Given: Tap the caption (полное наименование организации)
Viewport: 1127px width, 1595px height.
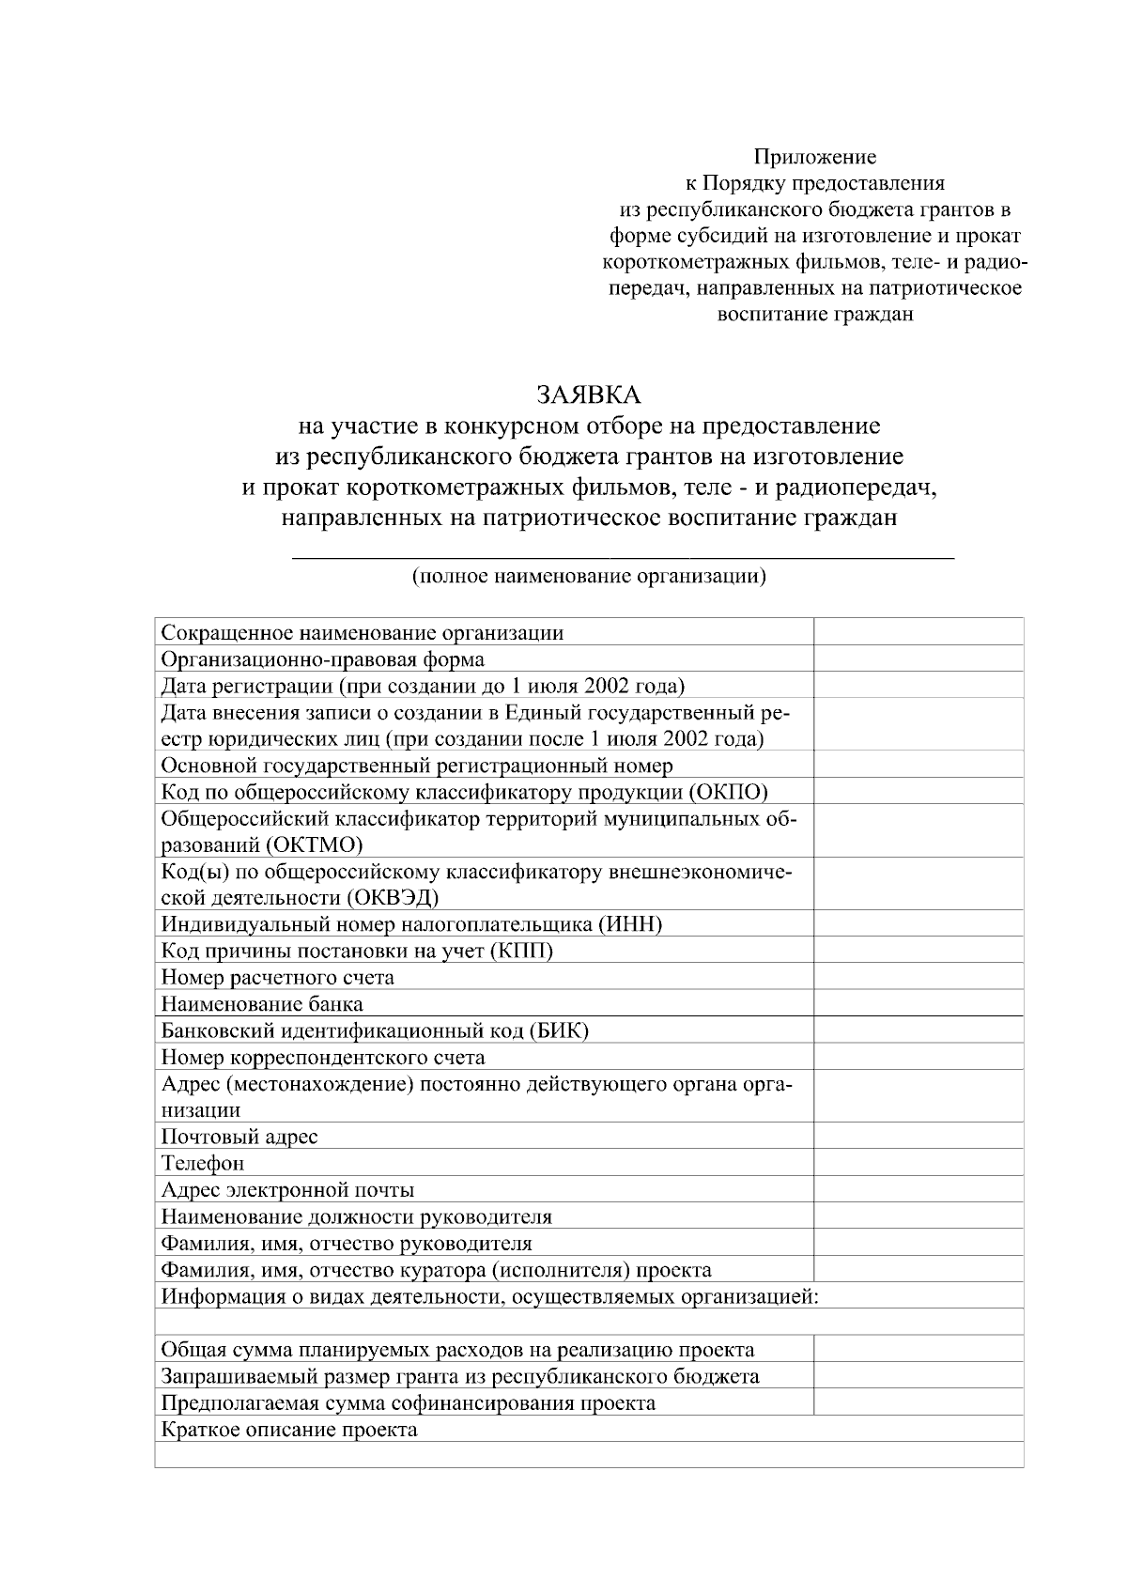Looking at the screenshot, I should click(x=589, y=576).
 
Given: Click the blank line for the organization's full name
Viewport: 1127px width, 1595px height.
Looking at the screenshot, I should click(x=623, y=553).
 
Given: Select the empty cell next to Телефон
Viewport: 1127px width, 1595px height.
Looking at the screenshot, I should click(x=918, y=1163).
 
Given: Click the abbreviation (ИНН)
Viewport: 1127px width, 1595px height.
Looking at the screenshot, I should click(x=629, y=924).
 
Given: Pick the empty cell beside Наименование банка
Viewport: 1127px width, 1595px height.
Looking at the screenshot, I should click(x=918, y=1003).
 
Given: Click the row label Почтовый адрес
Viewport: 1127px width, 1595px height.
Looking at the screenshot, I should click(x=239, y=1137).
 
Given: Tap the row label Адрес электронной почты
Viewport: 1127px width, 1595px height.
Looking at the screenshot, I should click(x=287, y=1190).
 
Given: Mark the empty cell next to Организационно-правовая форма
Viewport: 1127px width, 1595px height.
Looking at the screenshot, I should click(x=918, y=658).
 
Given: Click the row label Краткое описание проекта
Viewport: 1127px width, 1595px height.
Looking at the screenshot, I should click(x=289, y=1430).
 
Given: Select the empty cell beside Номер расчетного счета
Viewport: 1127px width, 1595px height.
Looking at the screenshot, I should click(x=918, y=977).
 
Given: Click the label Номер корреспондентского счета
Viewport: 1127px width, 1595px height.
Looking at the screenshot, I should click(x=323, y=1057).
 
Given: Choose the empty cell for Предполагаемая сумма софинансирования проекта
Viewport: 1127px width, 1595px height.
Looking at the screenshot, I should click(x=918, y=1402).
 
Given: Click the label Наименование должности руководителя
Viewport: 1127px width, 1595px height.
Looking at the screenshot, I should click(x=357, y=1216).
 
